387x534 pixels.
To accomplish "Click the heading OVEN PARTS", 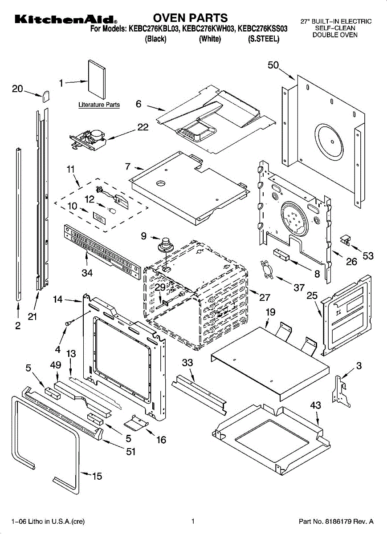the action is [190, 18].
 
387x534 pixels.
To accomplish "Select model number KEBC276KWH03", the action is [208, 29].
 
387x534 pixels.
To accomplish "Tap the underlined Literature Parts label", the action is [99, 105].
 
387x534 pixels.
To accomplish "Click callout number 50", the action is [273, 65].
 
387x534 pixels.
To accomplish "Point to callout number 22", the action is [143, 127].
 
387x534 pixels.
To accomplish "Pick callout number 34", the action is [87, 273].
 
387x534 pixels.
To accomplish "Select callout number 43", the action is [315, 405].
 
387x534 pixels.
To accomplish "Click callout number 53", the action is [368, 256].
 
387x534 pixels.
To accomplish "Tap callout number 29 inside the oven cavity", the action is [160, 287].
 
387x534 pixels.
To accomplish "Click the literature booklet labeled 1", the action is [97, 80].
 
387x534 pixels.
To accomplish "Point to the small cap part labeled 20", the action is [46, 96].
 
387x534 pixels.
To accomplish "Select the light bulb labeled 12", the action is [112, 210].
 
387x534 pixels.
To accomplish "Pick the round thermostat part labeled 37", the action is [267, 269].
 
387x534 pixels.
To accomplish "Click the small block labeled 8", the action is [281, 255].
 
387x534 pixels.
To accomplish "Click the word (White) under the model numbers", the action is [210, 39].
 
